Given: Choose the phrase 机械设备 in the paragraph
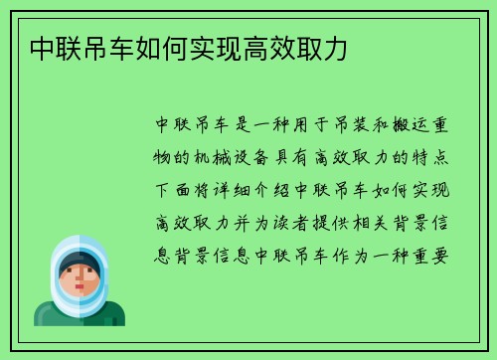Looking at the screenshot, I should coord(236,155).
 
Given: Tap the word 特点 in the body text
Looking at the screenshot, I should coord(439,155).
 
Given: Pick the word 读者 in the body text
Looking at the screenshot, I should coord(298,220).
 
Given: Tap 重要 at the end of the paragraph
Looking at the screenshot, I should coord(439,252).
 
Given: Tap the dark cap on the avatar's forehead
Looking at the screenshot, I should coord(79,260).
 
